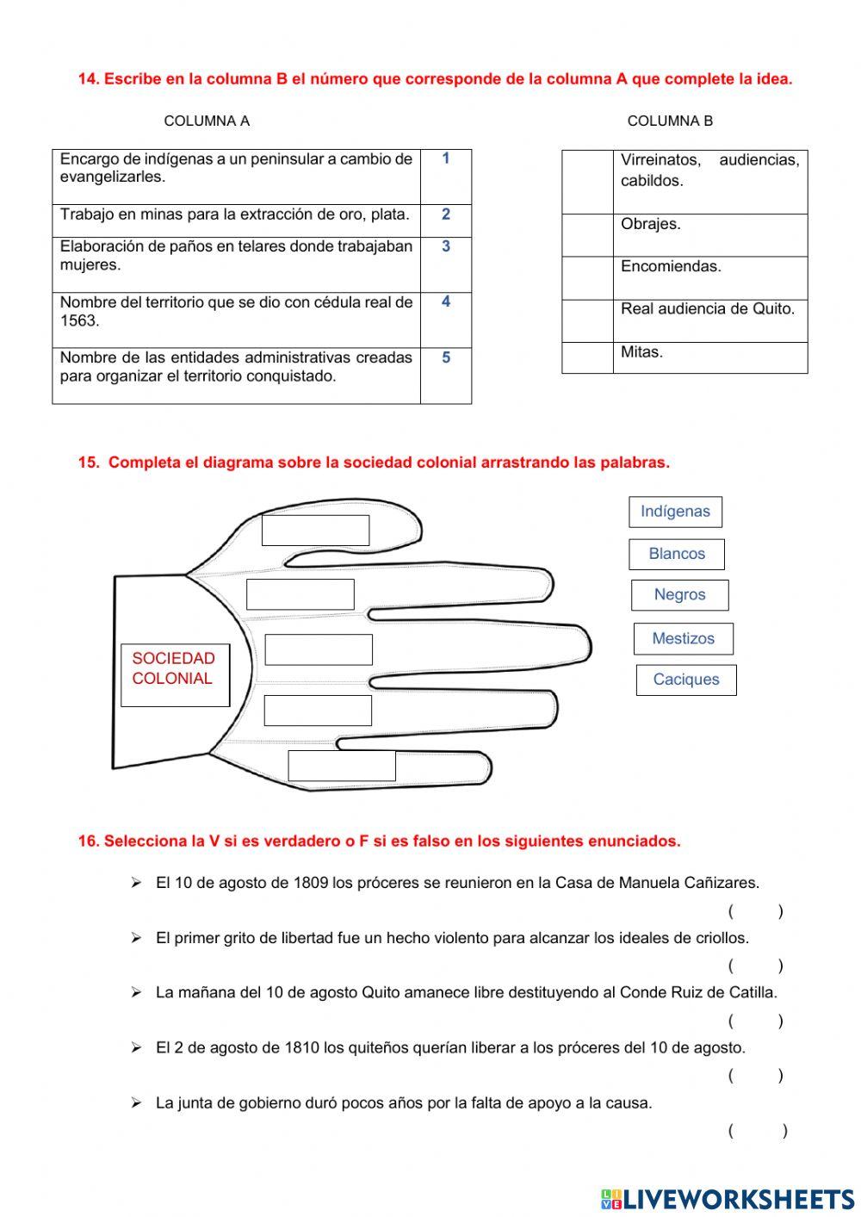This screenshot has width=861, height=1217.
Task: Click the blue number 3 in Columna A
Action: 446,246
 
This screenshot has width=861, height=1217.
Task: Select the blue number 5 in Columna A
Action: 446,357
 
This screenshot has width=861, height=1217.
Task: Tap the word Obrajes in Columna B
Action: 651,224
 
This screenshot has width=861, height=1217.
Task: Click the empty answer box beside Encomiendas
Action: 587,278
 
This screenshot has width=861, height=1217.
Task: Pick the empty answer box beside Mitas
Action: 587,357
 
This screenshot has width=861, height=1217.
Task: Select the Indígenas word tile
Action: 675,512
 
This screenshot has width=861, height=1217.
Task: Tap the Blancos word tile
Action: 677,554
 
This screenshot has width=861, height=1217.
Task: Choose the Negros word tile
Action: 679,595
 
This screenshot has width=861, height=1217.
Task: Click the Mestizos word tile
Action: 683,638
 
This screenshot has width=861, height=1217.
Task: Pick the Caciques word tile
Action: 686,680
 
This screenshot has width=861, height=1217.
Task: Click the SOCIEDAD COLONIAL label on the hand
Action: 175,668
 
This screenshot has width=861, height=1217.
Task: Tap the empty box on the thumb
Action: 315,531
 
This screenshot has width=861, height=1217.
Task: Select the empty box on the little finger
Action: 341,766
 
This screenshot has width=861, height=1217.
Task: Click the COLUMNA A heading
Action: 207,121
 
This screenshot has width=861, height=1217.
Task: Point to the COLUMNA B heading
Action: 670,121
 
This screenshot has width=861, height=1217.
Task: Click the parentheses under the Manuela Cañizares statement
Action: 755,911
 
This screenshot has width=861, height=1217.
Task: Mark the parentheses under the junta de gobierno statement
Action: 757,1131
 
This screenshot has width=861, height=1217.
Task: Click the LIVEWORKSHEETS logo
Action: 728,1198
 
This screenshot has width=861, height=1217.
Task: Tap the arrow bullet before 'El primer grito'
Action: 136,938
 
